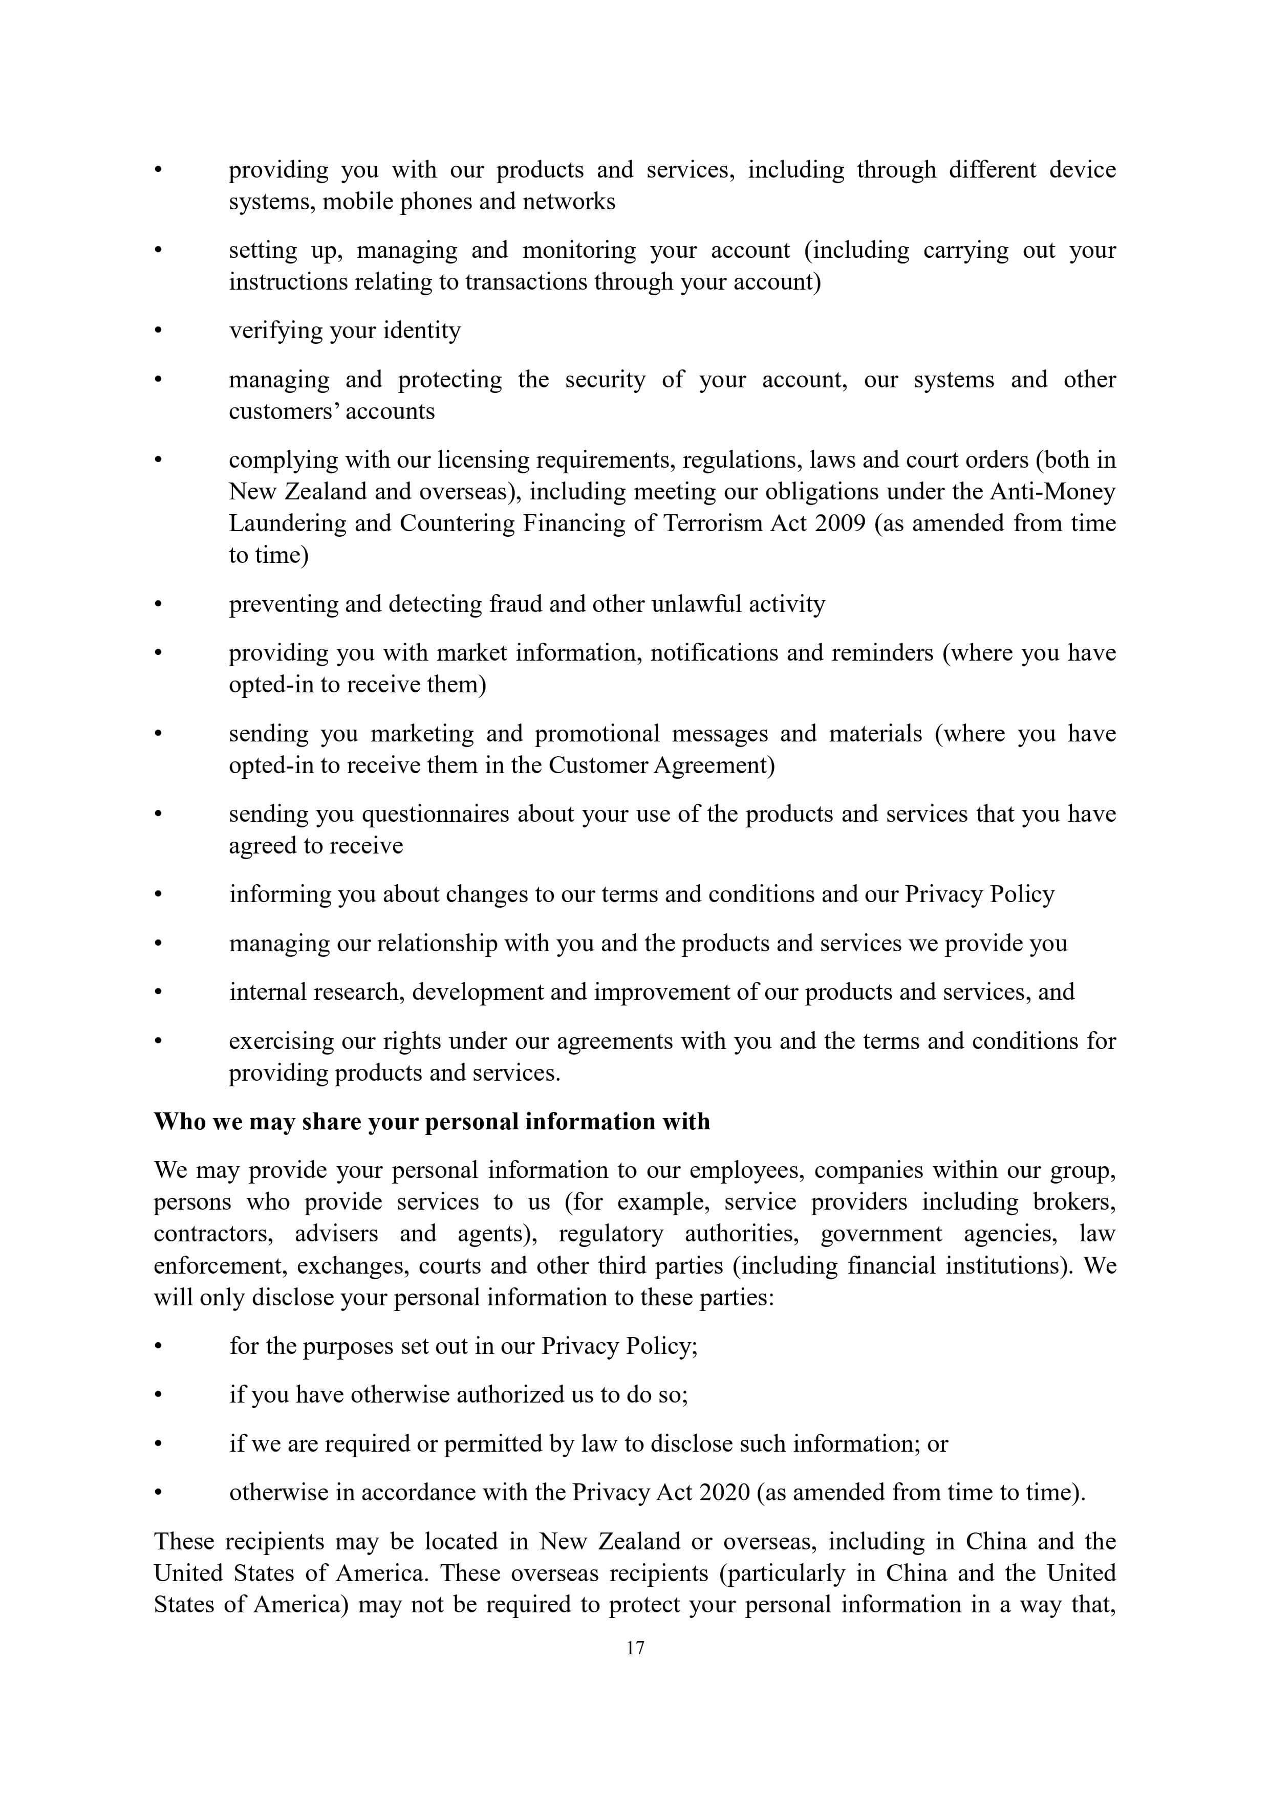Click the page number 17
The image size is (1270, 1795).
point(635,1648)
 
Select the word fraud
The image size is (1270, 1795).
point(513,604)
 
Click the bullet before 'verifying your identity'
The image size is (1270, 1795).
point(158,331)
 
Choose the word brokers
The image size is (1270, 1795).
point(1074,1201)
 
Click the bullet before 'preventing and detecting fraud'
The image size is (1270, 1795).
point(158,604)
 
